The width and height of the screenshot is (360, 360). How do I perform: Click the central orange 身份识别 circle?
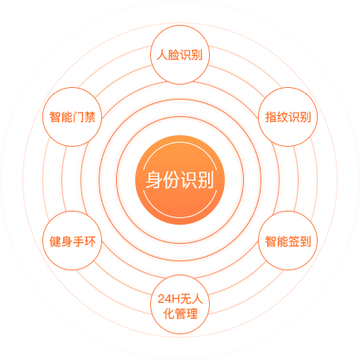[180, 180]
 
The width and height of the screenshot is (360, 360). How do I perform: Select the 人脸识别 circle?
[180, 55]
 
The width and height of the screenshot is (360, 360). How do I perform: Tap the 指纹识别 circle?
[288, 117]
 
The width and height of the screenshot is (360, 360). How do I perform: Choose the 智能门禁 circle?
[72, 117]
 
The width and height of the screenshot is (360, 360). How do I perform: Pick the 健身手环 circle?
[72, 241]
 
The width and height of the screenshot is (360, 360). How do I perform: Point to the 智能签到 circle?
[288, 241]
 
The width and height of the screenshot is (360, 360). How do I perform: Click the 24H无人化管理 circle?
[180, 304]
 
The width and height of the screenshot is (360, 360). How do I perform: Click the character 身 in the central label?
[154, 180]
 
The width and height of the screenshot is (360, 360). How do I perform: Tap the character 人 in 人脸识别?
[162, 55]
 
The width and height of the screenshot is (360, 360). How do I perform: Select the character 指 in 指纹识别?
[270, 117]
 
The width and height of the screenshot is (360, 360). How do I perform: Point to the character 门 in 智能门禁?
[78, 117]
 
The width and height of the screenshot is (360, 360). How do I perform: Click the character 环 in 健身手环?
[90, 241]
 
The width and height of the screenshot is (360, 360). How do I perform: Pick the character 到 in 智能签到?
[305, 241]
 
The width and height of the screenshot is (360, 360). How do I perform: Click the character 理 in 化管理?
[192, 314]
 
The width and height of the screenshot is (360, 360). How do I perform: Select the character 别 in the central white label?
[206, 180]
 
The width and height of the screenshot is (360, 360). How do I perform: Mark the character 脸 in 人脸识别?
[173, 55]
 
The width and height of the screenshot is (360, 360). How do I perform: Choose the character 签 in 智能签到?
[294, 241]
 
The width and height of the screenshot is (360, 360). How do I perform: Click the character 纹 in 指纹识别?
[282, 117]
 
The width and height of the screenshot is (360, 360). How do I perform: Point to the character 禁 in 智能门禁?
[90, 117]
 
